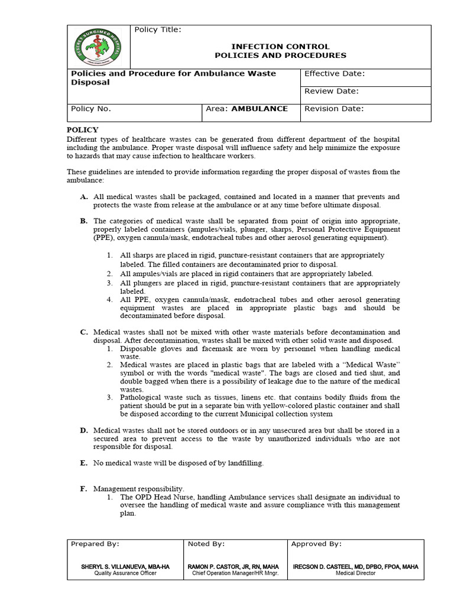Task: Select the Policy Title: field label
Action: (158, 30)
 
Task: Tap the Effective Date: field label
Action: (334, 74)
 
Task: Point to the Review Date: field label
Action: (332, 92)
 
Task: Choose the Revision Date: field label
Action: (334, 109)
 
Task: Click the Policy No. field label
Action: (91, 109)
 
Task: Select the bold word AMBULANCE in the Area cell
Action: (260, 109)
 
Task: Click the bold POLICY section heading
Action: (82, 130)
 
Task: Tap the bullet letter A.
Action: (84, 197)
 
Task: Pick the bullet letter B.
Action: (84, 221)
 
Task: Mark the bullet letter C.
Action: (84, 332)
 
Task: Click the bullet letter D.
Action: (84, 430)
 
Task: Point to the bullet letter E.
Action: (84, 463)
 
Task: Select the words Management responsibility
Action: (139, 489)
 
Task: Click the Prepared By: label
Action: (95, 544)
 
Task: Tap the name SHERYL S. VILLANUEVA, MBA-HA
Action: (125, 567)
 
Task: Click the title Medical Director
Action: (355, 573)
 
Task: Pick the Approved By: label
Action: (316, 544)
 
